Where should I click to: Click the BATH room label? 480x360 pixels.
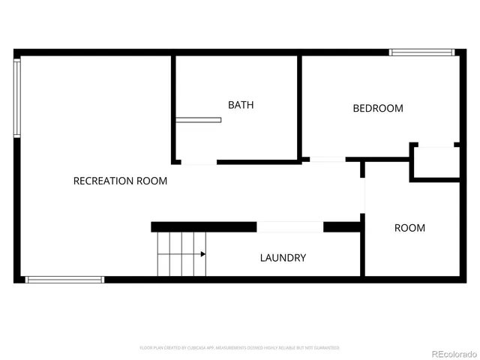point(241,105)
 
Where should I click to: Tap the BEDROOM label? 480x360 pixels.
point(378,108)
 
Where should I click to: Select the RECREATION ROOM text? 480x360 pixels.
point(120,181)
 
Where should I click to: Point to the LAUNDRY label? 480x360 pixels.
point(283,258)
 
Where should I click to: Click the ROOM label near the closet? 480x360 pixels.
point(409,228)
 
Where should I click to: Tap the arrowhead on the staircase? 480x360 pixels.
point(203,254)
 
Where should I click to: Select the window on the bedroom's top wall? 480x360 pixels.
point(421,52)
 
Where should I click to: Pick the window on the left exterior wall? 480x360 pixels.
point(17,97)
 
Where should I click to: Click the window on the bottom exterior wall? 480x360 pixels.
point(64,280)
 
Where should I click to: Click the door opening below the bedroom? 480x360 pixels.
point(328,159)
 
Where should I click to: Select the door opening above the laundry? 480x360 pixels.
point(289,226)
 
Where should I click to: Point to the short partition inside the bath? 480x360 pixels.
point(199,120)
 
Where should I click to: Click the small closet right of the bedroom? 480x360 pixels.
point(436,162)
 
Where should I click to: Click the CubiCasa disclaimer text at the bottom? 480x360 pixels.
point(240,348)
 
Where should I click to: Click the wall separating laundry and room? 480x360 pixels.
point(362,247)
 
